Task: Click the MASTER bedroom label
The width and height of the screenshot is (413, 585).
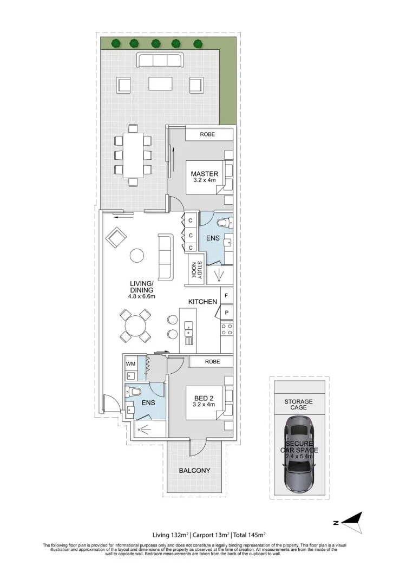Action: tap(204, 173)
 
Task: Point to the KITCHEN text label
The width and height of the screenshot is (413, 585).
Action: tap(202, 301)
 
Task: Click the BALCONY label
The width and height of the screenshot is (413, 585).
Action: tap(194, 471)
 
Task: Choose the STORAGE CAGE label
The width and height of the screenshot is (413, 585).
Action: tap(299, 404)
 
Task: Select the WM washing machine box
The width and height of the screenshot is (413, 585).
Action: tap(130, 363)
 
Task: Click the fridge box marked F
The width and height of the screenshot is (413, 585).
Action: tap(226, 297)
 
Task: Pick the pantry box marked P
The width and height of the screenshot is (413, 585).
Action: tap(226, 313)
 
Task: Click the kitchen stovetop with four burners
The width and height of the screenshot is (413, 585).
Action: tap(226, 329)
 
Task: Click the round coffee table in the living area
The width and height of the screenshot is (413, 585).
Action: tap(136, 256)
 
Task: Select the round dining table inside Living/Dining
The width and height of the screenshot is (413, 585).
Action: tap(135, 326)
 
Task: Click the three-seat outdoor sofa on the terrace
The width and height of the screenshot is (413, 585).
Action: tap(160, 60)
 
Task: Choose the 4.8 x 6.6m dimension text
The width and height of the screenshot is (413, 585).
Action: tap(142, 296)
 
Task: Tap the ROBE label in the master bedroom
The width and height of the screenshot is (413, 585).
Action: tap(207, 134)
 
